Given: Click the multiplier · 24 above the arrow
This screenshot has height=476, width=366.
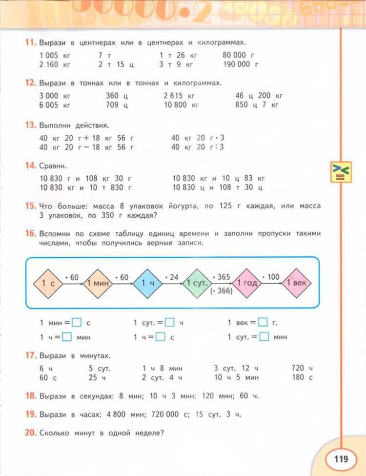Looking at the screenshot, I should pos(172,277).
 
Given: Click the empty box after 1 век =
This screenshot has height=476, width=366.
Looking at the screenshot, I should pos(263,322).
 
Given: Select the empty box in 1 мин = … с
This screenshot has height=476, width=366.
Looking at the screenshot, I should pos(77,322).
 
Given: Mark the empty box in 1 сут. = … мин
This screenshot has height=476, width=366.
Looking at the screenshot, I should pos(264,336).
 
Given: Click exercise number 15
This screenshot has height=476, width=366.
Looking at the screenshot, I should pos(30,207).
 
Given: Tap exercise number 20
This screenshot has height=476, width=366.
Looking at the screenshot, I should pos(30,432).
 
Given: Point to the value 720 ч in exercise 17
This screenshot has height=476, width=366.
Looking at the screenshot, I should pos(302,368).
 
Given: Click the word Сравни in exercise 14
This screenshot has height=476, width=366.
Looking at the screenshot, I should pos(53,166).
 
